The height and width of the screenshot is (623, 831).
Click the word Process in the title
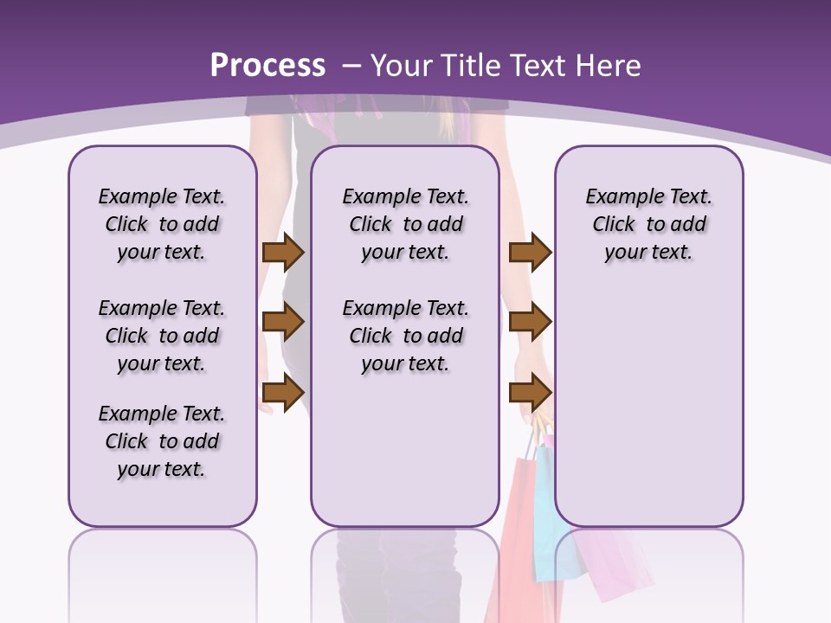[x=267, y=66]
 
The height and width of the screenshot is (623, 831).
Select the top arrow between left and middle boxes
[x=282, y=252]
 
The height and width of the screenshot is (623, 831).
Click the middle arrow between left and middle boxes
[x=282, y=323]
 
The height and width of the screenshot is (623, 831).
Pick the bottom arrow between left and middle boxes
[x=282, y=394]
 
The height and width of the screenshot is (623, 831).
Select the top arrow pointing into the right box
[x=530, y=252]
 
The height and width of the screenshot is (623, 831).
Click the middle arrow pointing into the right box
[x=530, y=323]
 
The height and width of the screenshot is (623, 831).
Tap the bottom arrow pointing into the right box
[x=530, y=394]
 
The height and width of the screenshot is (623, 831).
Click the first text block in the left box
[x=162, y=224]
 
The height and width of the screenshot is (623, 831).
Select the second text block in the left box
[x=162, y=336]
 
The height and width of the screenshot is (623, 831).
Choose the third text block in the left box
[x=162, y=441]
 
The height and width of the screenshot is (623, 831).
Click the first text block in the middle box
[x=405, y=224]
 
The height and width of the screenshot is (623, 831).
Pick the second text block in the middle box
[x=405, y=336]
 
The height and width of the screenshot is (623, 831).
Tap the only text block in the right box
[x=648, y=224]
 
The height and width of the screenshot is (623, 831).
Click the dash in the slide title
[x=351, y=66]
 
